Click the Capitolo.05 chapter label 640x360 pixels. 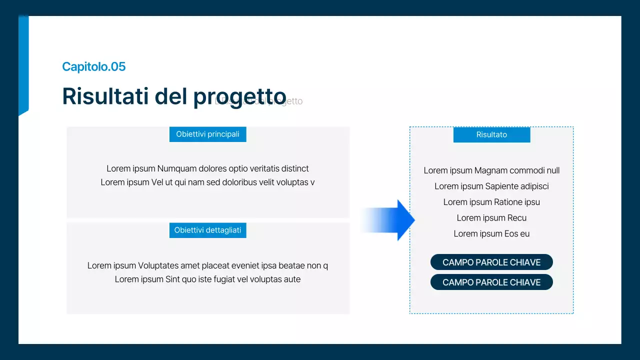93,66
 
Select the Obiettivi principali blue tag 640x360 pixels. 207,134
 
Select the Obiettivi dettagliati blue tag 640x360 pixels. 207,230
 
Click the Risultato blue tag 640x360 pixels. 491,135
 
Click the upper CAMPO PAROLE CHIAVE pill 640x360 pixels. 491,262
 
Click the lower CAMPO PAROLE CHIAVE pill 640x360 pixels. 491,282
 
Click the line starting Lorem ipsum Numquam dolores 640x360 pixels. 207,168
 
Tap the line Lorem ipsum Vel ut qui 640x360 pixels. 207,182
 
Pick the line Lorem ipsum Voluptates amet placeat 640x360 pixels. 207,265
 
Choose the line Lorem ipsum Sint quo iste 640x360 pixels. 207,279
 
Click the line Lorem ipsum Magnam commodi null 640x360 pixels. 491,170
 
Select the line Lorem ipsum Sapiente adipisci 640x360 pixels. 491,186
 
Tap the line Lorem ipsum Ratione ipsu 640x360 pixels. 491,202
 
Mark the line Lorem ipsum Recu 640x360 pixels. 491,218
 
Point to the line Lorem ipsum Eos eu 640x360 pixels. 491,234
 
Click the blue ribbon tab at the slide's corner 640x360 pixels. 23,65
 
